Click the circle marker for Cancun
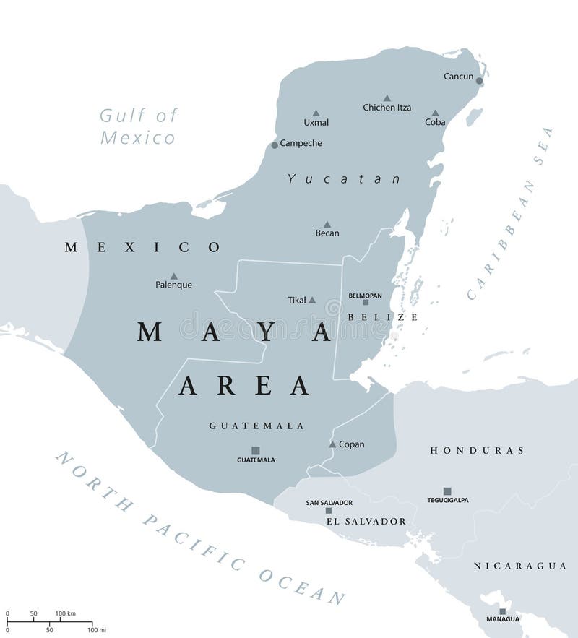click(x=479, y=81)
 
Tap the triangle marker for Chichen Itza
click(x=387, y=98)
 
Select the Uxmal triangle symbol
click(x=316, y=113)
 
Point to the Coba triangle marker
click(x=435, y=113)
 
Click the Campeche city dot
click(x=275, y=145)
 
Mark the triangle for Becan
click(x=327, y=225)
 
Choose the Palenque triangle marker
click(x=173, y=276)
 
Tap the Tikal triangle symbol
click(x=312, y=300)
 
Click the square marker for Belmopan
click(x=366, y=303)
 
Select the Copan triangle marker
click(x=332, y=444)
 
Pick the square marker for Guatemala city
click(x=256, y=450)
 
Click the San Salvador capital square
click(x=329, y=510)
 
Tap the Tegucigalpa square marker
click(x=447, y=491)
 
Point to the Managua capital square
click(x=502, y=611)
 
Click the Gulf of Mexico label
click(x=138, y=126)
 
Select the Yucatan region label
click(x=344, y=178)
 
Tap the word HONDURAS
click(x=477, y=450)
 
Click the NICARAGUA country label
click(x=519, y=566)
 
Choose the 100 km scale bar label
click(x=66, y=613)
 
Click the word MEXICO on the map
click(x=142, y=247)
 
